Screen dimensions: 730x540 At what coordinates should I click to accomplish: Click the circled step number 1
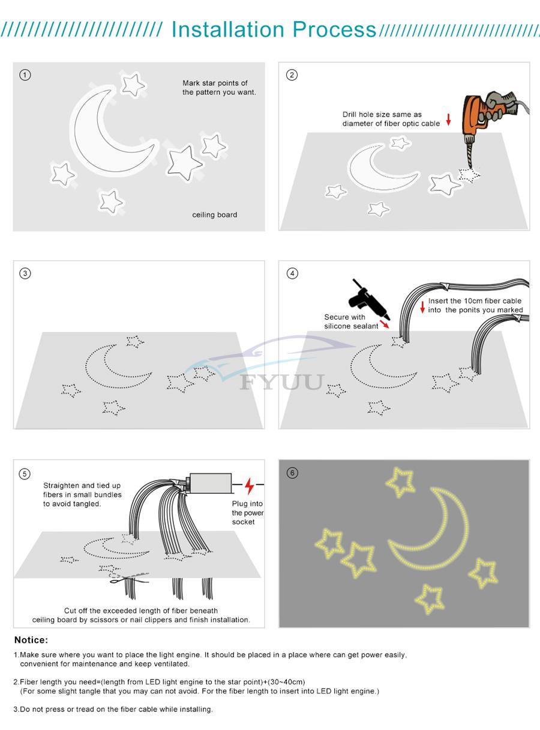(x=25, y=75)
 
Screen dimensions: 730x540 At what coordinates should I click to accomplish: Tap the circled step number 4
(x=292, y=273)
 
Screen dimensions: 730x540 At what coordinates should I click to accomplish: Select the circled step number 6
(x=292, y=473)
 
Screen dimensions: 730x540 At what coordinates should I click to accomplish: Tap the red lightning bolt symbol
(x=249, y=485)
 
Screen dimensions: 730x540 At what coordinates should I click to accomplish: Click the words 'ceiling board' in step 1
(x=214, y=215)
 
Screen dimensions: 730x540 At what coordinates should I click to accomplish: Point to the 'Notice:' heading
(x=31, y=640)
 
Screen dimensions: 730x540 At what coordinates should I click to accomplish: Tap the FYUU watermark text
(x=282, y=382)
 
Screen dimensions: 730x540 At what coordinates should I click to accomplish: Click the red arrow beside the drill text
(x=448, y=119)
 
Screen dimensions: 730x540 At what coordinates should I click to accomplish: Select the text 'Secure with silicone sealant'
(x=351, y=321)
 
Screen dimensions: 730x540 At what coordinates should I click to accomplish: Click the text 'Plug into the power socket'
(x=247, y=513)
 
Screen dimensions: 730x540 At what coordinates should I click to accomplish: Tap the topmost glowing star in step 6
(x=400, y=482)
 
